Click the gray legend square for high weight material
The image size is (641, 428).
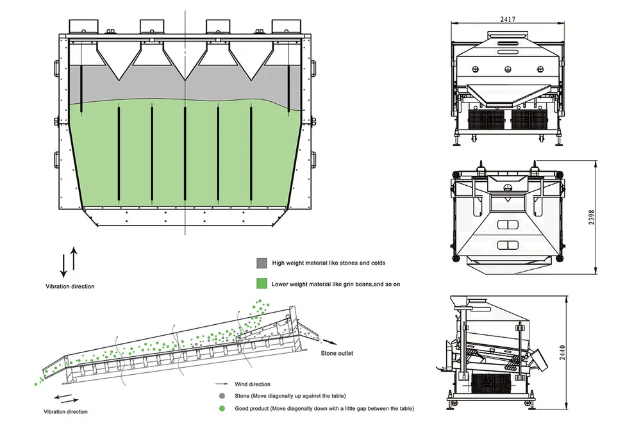261,263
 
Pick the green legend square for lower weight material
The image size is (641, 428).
261,283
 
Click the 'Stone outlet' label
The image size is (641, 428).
337,353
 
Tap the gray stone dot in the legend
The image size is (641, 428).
222,396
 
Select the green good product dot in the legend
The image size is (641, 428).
222,408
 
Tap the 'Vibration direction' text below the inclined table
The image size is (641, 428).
65,411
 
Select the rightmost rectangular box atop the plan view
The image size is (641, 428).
286,26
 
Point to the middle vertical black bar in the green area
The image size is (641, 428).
185,154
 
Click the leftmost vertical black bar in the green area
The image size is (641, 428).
119,154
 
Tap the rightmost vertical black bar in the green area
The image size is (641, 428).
251,154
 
